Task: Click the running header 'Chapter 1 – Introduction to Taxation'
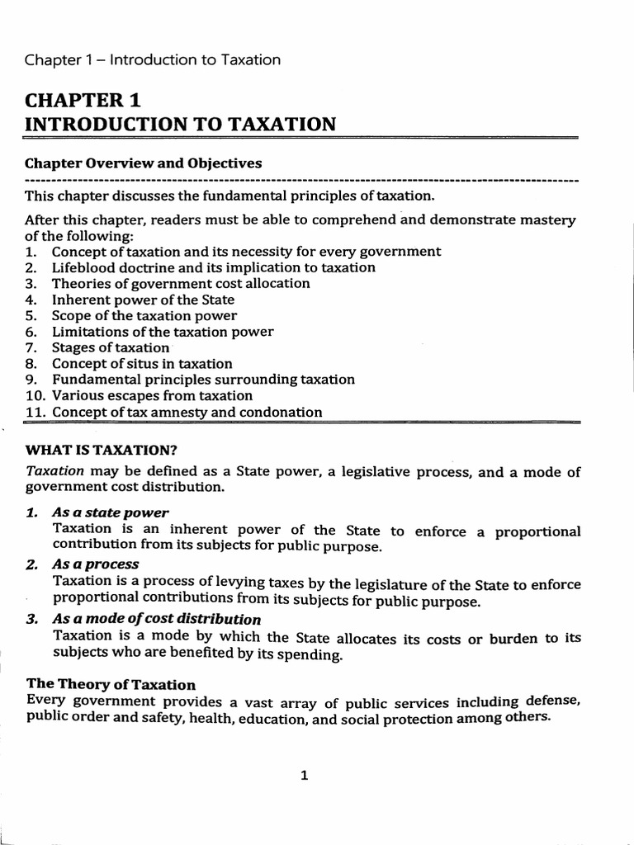[x=153, y=60]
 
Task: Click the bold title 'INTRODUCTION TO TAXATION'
[x=181, y=125]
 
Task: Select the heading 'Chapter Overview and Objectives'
[x=144, y=163]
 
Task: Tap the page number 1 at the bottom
[x=305, y=775]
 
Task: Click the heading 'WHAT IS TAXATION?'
[x=102, y=450]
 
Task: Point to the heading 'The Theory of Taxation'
[x=111, y=685]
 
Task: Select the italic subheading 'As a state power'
[x=110, y=512]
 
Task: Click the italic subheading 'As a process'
[x=95, y=564]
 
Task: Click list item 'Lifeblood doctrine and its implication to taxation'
[x=213, y=267]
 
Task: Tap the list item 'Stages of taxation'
[x=110, y=347]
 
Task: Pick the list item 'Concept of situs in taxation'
[x=142, y=363]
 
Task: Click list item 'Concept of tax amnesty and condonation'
[x=187, y=412]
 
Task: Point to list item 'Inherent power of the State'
[x=143, y=300]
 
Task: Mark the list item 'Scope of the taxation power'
[x=144, y=315]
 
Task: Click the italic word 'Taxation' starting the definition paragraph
[x=54, y=471]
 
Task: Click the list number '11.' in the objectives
[x=35, y=412]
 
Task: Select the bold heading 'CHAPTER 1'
[x=83, y=101]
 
